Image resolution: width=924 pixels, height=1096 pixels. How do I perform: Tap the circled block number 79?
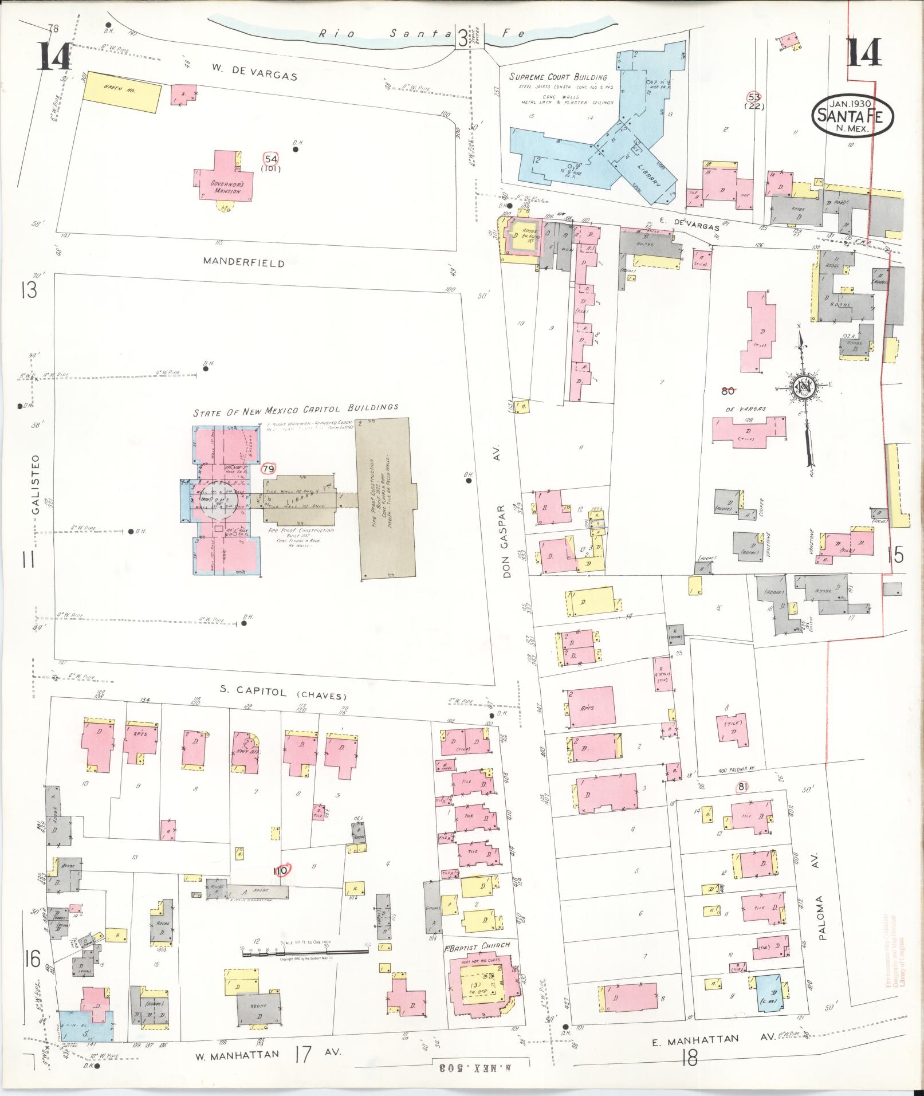pyautogui.click(x=268, y=469)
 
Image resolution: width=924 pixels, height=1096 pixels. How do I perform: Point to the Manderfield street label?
pyautogui.click(x=243, y=264)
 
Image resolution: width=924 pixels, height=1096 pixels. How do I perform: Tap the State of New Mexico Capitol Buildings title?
pyautogui.click(x=295, y=408)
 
